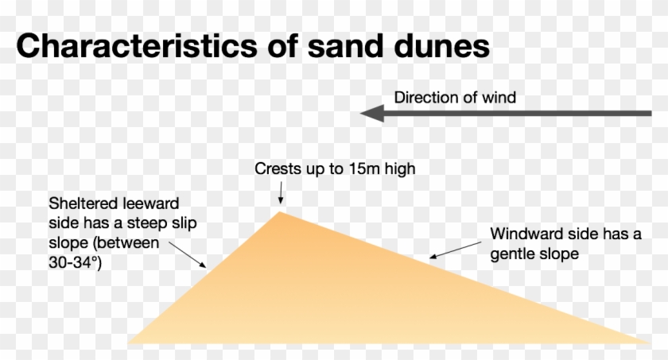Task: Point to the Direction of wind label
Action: pyautogui.click(x=455, y=98)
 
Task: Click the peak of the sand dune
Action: pyautogui.click(x=280, y=212)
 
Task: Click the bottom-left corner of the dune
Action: pyautogui.click(x=131, y=343)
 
